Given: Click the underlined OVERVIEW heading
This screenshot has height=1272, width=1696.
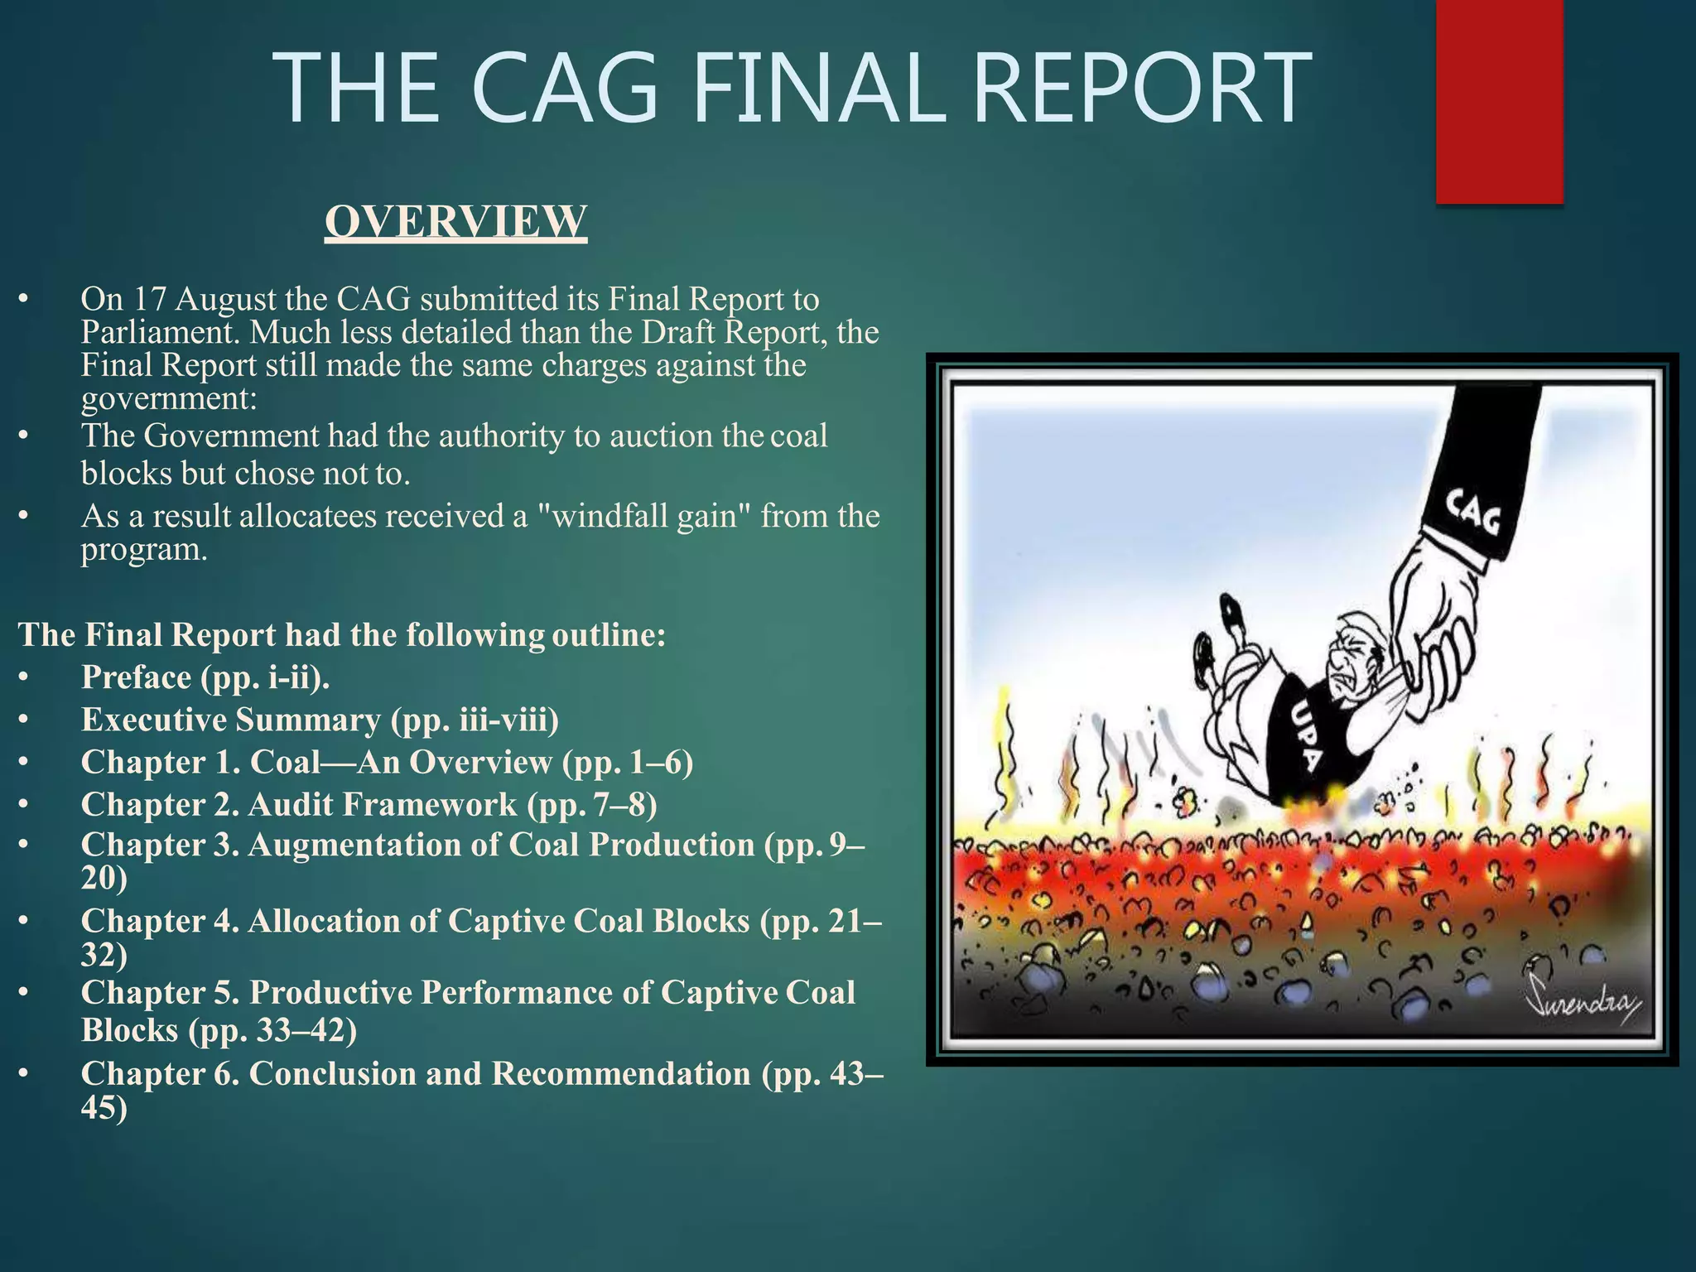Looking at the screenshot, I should [455, 221].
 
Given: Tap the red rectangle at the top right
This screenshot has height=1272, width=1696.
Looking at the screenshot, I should [1499, 99].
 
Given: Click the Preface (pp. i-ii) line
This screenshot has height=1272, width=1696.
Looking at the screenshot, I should [205, 677].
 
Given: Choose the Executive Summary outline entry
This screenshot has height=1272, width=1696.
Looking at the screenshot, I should [320, 720].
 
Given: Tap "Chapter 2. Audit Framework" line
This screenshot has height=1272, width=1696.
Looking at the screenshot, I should [369, 804].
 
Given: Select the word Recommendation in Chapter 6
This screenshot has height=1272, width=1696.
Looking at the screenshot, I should [620, 1073].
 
